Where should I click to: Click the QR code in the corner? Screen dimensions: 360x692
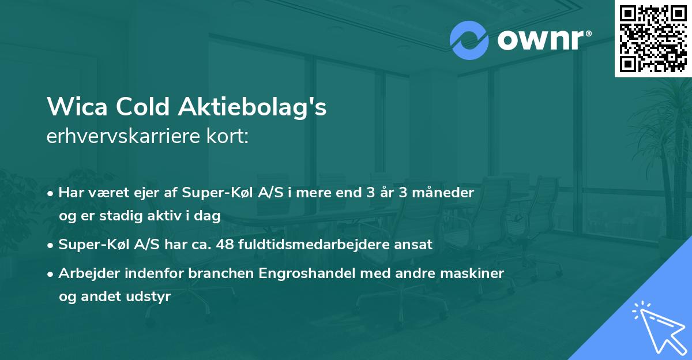click(x=653, y=38)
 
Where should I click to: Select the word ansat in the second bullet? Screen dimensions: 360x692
click(x=415, y=244)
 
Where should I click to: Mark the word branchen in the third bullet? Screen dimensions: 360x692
click(x=214, y=273)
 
